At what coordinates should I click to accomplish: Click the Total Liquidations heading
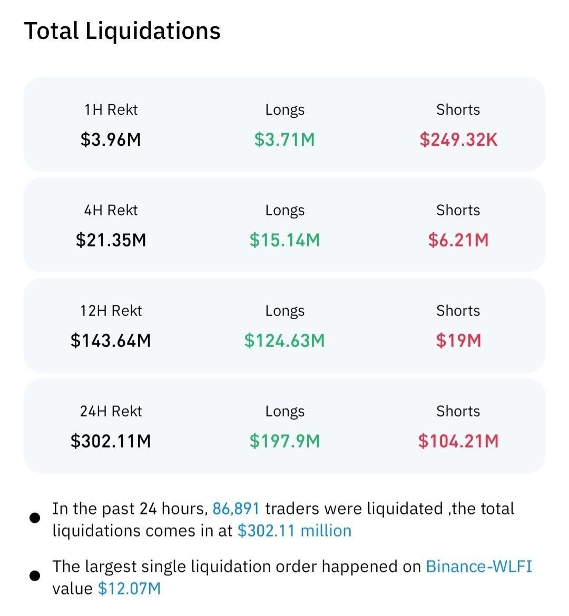point(122,32)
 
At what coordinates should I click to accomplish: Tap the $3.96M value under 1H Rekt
point(111,140)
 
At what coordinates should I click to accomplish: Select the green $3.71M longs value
point(284,140)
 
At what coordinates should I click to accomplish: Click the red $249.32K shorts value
point(458,140)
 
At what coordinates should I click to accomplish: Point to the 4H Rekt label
point(111,210)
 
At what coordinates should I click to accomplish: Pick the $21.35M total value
point(111,240)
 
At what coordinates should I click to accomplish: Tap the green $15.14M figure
point(284,240)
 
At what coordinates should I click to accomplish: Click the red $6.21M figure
point(458,240)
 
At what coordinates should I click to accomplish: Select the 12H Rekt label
point(111,311)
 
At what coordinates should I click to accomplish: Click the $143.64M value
point(111,341)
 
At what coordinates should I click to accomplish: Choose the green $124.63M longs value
point(284,341)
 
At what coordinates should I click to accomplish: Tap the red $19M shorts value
point(458,341)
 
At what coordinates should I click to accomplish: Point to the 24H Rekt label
point(111,411)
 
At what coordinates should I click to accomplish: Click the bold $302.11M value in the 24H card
point(111,441)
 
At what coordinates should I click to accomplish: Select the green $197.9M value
point(284,441)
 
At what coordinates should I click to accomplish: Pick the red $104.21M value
point(458,441)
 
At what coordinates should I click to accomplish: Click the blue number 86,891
point(236,509)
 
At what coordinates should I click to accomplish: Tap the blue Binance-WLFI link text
point(479,567)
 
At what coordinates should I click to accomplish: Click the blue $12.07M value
point(130,589)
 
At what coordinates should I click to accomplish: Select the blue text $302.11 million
point(295,531)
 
